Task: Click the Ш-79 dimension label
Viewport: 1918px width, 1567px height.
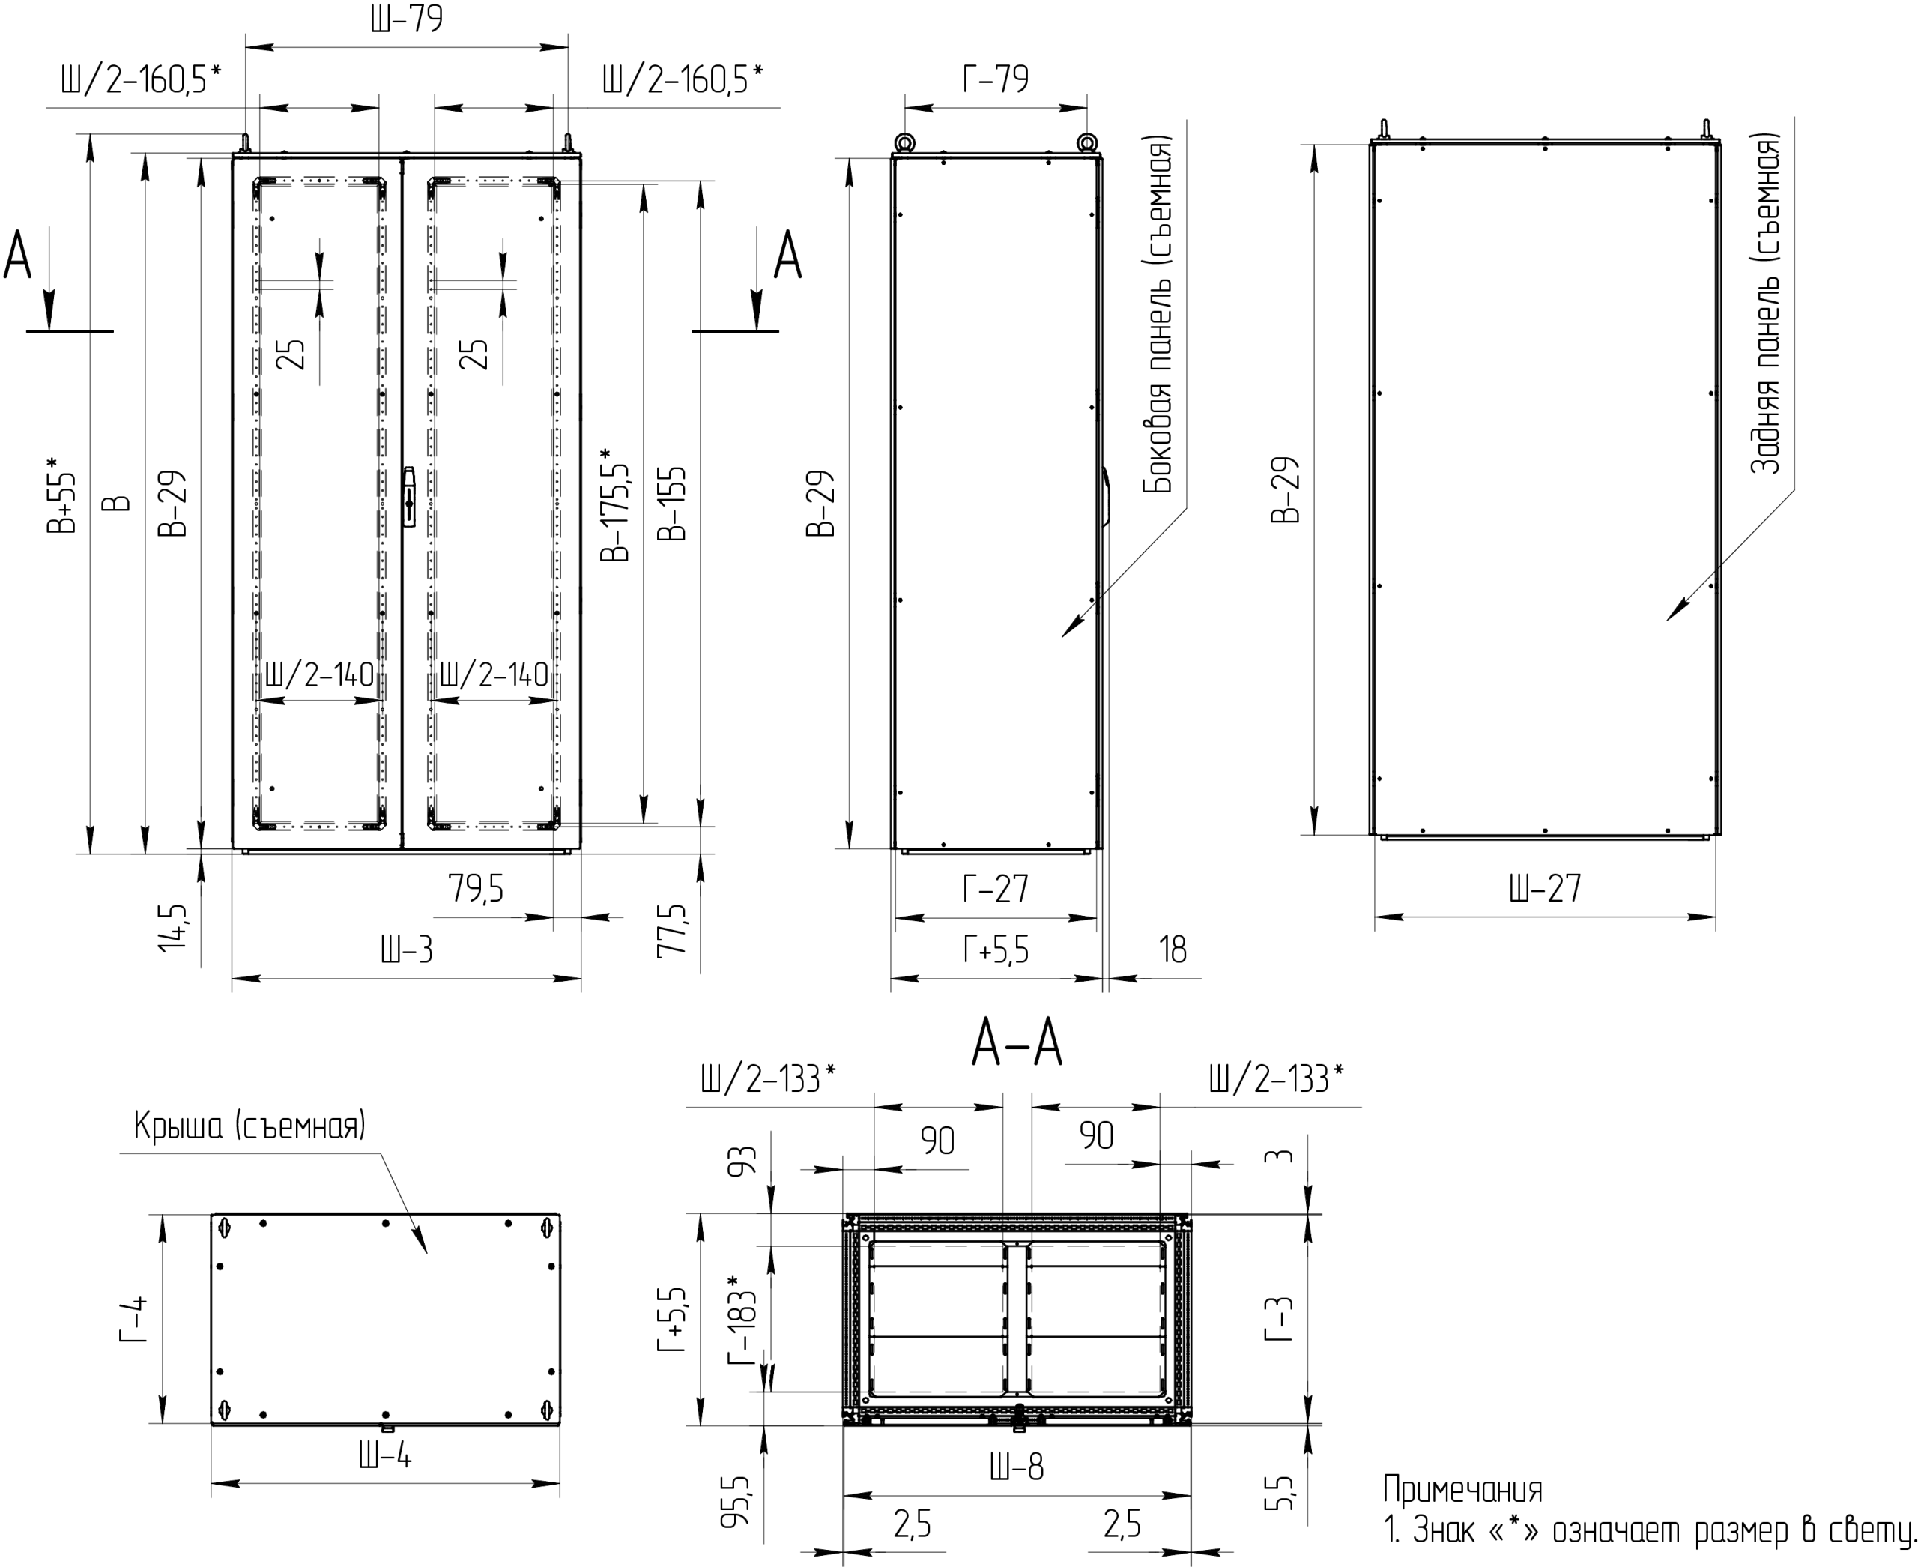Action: coord(406,19)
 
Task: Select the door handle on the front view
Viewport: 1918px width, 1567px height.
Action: coord(409,495)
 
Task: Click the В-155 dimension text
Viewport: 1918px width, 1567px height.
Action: coord(673,504)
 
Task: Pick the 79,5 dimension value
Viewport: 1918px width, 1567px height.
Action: coord(476,889)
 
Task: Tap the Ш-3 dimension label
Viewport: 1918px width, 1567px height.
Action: coord(406,949)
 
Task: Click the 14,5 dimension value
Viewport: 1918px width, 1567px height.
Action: coord(172,928)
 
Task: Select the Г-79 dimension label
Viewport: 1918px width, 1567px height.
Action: coord(996,79)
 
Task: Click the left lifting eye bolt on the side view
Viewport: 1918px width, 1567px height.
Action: coord(904,142)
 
